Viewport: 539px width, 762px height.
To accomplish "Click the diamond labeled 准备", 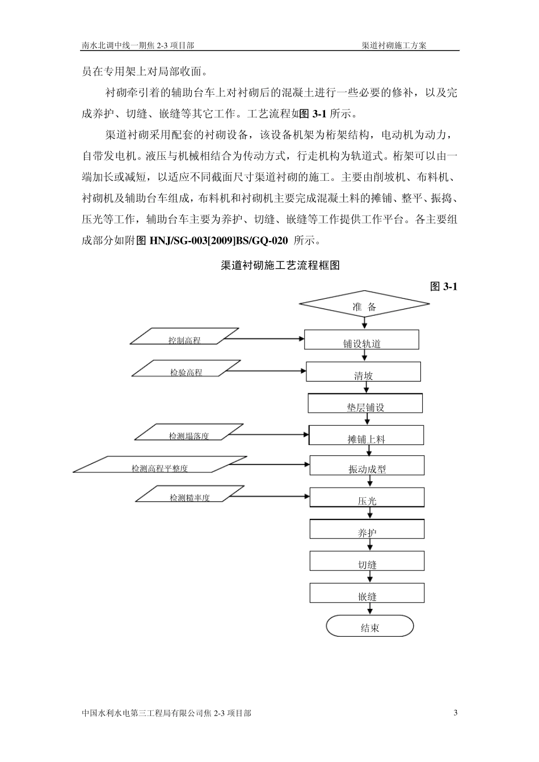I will [364, 307].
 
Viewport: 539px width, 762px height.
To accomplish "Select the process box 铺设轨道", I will [362, 340].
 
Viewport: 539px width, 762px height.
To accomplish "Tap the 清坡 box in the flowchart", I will [364, 372].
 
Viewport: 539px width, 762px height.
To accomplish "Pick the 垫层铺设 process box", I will [365, 404].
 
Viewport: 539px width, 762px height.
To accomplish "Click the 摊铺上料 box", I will [367, 435].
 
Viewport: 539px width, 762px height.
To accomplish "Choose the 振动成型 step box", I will [367, 466].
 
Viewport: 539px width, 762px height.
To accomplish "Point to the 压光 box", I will [367, 498].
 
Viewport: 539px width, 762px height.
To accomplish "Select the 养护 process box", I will [367, 530].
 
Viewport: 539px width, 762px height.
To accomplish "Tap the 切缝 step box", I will [367, 561].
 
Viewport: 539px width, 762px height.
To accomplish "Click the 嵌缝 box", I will [367, 593].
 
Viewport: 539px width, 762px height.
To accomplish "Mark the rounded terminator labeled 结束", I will [370, 627].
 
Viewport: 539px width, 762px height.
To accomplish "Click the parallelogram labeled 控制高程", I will [184, 337].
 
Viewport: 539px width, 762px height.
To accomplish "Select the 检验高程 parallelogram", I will [186, 369].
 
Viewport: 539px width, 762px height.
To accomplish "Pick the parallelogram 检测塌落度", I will [189, 433].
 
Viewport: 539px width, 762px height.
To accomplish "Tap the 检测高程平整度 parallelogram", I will [160, 465].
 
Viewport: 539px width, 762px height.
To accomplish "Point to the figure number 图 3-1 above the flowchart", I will [444, 287].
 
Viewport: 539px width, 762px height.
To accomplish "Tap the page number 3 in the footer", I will [456, 713].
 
